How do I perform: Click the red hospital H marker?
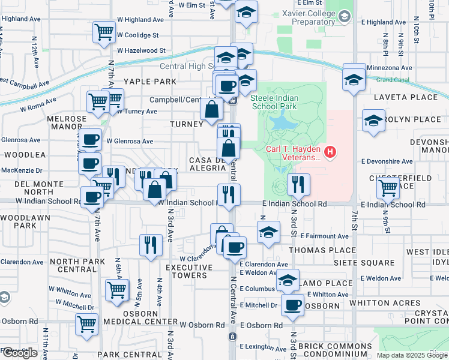(330, 153)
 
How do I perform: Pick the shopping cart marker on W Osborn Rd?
(87, 324)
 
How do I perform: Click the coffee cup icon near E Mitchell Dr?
(293, 305)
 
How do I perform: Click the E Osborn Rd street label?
(261, 325)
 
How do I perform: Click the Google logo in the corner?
(19, 352)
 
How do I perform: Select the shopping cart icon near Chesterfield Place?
(388, 187)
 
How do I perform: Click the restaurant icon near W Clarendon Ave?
(149, 244)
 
